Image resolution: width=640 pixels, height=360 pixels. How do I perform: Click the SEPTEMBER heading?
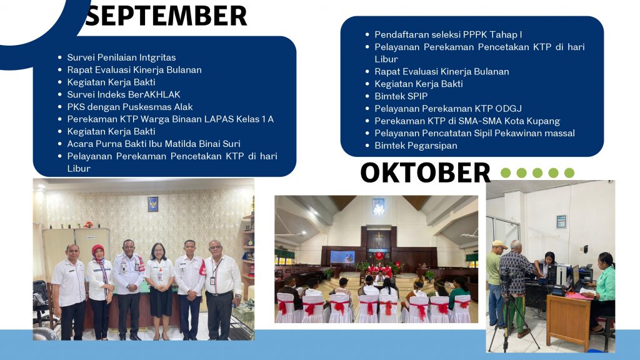point(166,16)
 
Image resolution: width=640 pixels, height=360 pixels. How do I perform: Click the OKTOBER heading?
point(425,172)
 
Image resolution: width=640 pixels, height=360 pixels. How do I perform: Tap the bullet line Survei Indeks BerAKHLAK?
point(124,94)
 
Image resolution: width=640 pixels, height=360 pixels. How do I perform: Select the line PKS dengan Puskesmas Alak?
point(130,107)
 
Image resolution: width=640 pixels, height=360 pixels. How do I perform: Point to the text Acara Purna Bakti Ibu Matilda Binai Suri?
point(154,144)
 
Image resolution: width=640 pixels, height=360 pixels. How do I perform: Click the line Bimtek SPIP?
point(401,96)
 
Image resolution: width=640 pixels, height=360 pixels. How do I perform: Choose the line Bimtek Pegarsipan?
point(416,146)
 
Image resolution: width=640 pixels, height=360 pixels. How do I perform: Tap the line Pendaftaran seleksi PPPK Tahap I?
point(448,35)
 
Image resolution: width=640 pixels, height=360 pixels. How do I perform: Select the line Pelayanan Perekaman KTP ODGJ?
point(448,109)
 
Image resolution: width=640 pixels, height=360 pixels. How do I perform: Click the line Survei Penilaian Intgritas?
point(122,57)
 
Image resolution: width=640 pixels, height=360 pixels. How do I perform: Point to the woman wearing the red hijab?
point(99,290)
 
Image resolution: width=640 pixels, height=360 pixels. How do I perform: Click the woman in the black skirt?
point(160,290)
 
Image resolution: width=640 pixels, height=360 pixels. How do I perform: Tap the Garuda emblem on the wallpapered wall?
point(152,204)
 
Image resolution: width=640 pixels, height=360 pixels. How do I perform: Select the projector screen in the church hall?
point(342,257)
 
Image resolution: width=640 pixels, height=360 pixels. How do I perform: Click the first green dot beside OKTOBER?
point(506,172)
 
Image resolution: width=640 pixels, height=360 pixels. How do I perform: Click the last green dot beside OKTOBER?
point(569,172)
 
